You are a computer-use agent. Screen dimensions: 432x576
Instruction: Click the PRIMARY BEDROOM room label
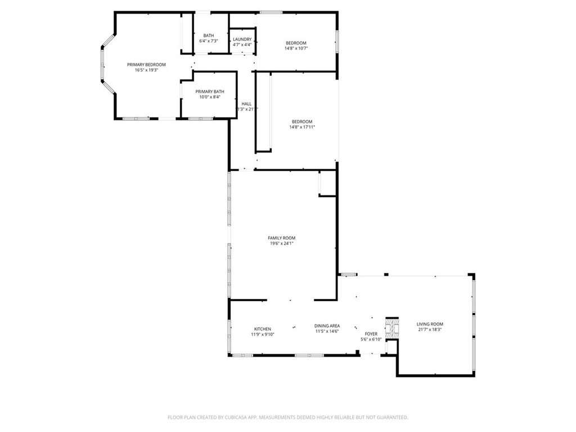pos(146,65)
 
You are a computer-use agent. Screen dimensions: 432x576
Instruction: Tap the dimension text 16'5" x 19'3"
pos(146,70)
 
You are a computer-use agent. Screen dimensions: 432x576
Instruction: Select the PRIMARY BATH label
pos(210,92)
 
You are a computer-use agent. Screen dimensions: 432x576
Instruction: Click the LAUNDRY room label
pos(242,39)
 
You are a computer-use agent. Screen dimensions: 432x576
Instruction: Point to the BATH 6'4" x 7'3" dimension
pos(208,41)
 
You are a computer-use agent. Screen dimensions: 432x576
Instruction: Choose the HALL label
pos(246,103)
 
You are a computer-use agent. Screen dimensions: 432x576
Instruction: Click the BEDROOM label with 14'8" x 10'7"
pos(296,43)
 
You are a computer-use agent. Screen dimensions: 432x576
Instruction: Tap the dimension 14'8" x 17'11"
pos(302,127)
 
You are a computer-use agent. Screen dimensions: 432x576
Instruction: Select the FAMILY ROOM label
pos(281,238)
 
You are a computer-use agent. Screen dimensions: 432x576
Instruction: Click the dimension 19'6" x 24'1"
pos(281,244)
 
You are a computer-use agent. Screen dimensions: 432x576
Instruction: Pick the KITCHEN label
pos(262,329)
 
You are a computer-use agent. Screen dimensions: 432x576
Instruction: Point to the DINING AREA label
pos(326,326)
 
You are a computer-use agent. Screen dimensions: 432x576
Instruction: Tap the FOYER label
pos(371,334)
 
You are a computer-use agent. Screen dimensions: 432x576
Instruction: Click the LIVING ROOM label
pos(430,324)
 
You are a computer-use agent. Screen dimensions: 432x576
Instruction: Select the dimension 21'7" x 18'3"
pos(430,330)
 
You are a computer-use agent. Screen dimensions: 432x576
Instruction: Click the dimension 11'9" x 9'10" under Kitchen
pos(262,335)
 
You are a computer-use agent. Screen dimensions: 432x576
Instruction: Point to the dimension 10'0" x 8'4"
pos(210,97)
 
